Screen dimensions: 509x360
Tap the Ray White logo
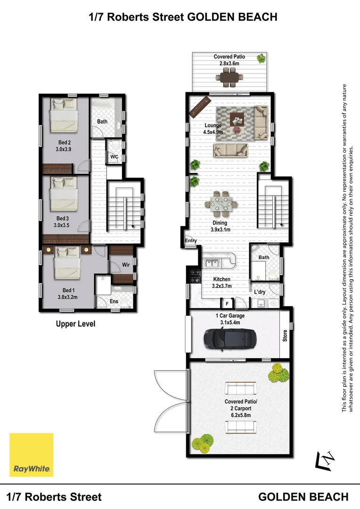click(x=32, y=455)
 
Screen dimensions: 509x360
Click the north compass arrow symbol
click(x=327, y=460)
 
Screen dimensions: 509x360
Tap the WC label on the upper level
click(x=114, y=156)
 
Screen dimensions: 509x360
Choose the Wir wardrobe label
click(x=126, y=265)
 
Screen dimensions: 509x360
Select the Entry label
click(x=191, y=241)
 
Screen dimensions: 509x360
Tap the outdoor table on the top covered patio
click(x=229, y=77)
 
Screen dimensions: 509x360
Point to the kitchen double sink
click(x=211, y=263)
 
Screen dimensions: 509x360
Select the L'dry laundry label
click(x=260, y=292)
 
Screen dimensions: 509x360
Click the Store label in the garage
click(x=285, y=336)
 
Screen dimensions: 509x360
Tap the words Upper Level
click(x=75, y=324)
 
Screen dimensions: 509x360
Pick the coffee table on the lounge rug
click(x=237, y=121)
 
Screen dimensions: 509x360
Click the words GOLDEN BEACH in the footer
click(x=304, y=497)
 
